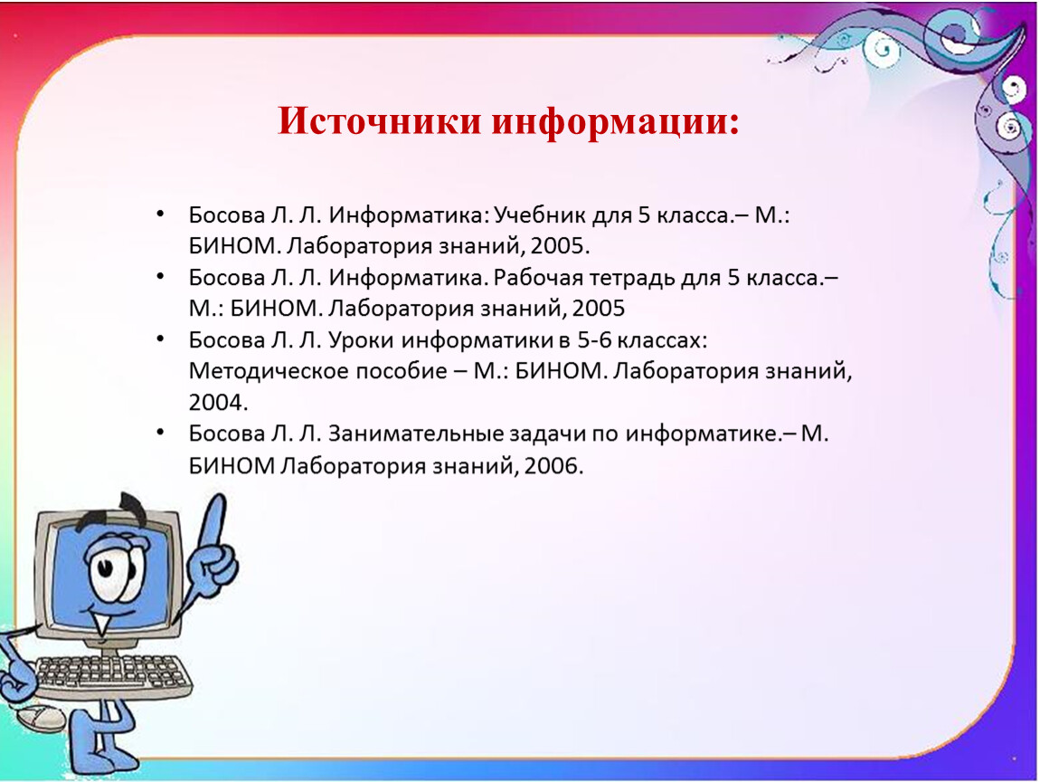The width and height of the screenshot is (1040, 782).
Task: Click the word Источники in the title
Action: tap(379, 121)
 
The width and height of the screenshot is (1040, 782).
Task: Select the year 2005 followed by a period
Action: tap(560, 246)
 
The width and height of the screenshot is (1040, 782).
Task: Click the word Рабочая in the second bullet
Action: tap(537, 278)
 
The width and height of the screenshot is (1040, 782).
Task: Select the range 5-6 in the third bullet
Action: tap(593, 340)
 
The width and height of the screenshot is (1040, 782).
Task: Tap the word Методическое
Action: tap(269, 371)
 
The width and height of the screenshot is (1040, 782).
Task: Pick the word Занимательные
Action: tap(415, 434)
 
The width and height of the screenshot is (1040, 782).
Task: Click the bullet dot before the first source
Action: tap(160, 214)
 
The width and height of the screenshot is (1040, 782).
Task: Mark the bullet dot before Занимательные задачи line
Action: tap(160, 433)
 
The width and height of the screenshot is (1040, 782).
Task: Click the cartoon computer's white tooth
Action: tap(101, 624)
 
